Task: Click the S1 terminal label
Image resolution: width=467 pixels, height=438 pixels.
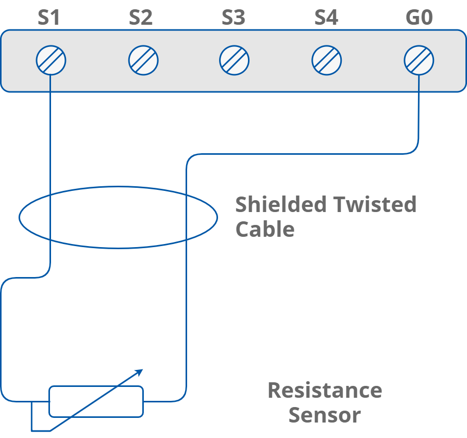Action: coord(49,18)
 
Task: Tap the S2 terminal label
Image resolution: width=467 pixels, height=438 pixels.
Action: coord(141,18)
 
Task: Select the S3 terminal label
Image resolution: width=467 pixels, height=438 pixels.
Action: coord(233,18)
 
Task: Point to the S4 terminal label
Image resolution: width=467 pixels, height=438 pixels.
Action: coord(326,18)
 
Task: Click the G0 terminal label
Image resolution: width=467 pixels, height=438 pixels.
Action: coord(419,18)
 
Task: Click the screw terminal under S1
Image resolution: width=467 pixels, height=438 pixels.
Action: coord(51,60)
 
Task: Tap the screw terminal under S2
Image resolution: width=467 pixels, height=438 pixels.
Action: coord(143,60)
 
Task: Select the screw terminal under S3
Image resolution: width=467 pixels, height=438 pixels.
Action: coord(234,60)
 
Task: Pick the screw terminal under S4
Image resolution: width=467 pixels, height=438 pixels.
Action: coord(326,60)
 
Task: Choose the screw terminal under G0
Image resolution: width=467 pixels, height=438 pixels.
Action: coord(419,60)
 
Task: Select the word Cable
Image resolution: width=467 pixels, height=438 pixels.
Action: coord(264,229)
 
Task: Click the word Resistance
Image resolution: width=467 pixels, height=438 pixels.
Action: coord(325,391)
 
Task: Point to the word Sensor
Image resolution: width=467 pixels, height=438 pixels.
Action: coord(324,415)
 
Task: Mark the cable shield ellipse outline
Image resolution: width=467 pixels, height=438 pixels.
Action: coord(118,187)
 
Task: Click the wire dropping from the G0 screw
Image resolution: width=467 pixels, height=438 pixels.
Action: coord(419,113)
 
